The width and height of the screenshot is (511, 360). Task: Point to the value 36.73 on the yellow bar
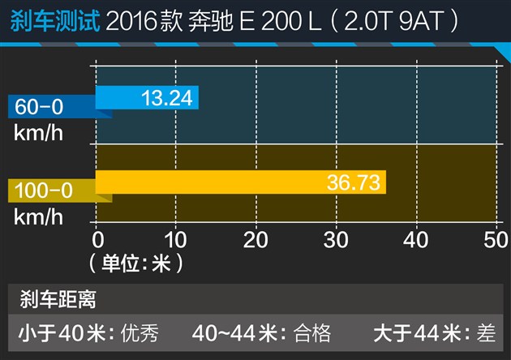(354, 182)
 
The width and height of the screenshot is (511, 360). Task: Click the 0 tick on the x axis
(98, 240)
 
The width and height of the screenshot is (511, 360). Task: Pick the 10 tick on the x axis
(177, 240)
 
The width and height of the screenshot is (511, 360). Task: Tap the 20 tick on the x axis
(256, 240)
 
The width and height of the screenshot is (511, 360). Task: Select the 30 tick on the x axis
(336, 240)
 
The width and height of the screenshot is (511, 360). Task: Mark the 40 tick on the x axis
(415, 240)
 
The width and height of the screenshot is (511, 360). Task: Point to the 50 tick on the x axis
(494, 240)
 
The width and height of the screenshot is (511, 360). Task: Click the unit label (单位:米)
(135, 263)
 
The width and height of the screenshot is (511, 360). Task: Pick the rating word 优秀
(139, 332)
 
